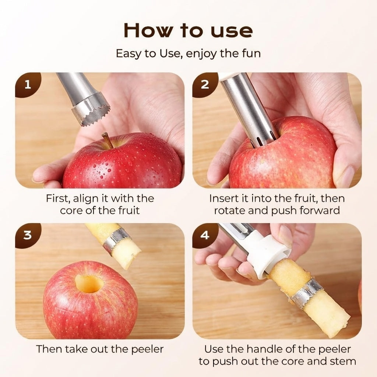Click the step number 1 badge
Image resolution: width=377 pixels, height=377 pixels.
(27, 84)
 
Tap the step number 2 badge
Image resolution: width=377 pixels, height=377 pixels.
(205, 84)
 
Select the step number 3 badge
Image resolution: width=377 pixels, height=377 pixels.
(27, 235)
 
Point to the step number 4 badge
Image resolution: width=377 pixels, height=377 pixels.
(205, 235)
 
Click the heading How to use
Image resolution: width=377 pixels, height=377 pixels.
(188, 30)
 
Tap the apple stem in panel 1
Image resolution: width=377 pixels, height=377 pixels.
(106, 140)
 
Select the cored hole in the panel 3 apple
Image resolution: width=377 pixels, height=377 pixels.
(89, 283)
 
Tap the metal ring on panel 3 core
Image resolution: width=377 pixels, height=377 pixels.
(116, 240)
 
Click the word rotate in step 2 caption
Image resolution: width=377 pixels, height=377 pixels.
(230, 211)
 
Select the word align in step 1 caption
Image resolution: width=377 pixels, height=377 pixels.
(85, 198)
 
